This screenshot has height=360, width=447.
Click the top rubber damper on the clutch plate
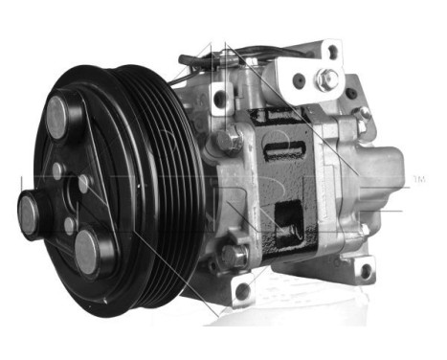[59, 114]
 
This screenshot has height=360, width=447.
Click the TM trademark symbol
[418, 179]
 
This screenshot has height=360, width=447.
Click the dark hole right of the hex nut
[350, 93]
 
